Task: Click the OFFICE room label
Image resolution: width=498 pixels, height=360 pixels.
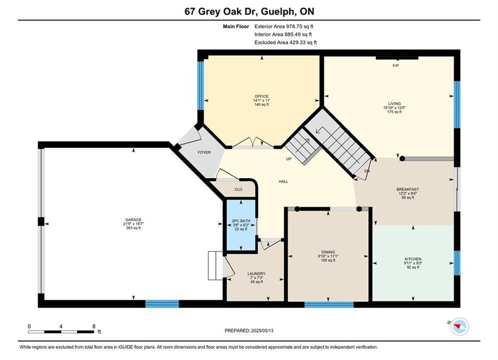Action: (261, 96)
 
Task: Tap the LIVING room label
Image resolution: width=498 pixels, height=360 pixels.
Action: (394, 103)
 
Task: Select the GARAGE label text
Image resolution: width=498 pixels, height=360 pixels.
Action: (134, 219)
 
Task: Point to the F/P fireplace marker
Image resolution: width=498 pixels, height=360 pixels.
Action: (396, 65)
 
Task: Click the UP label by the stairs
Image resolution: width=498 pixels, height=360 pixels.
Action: (289, 159)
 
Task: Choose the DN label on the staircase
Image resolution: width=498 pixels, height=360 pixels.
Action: (367, 171)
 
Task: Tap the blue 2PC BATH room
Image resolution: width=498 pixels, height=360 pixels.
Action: (241, 225)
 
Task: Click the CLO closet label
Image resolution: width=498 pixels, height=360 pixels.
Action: (239, 189)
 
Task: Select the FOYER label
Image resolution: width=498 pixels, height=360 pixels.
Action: (204, 152)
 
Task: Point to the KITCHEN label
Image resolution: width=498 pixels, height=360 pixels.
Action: (413, 259)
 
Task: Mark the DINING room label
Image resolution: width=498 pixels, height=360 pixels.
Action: (328, 252)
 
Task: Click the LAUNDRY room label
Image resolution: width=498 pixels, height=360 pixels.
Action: (256, 273)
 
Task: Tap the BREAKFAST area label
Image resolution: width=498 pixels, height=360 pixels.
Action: (407, 189)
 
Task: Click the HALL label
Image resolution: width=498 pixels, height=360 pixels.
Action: (283, 181)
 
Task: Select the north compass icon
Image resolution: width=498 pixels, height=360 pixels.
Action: (459, 326)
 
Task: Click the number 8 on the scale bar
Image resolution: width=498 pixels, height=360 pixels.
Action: (94, 326)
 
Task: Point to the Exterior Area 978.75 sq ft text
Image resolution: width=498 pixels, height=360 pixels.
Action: (284, 26)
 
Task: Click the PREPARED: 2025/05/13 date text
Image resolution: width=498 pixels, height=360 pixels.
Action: (249, 330)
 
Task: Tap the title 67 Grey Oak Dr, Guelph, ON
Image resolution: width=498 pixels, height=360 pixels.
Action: (249, 11)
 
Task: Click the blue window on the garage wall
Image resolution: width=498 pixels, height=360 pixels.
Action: (162, 303)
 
